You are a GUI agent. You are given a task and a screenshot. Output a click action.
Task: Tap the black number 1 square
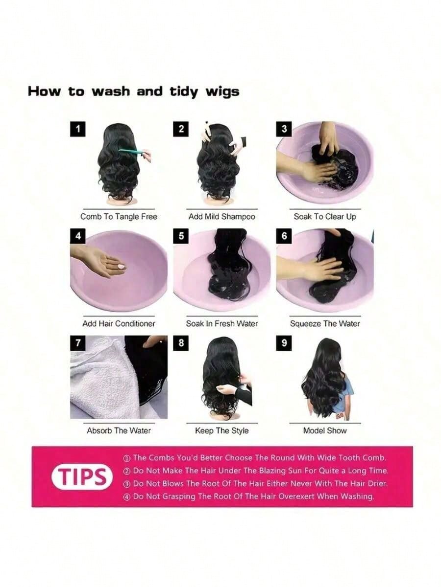point(77,129)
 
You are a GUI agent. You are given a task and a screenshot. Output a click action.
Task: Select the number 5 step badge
point(181,236)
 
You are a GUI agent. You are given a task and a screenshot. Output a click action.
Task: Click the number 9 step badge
point(284,343)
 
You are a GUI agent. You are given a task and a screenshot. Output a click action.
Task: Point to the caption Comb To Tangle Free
point(119,217)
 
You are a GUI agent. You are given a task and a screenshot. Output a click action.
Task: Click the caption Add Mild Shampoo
point(221,217)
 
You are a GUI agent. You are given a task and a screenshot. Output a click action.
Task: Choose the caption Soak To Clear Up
point(325,217)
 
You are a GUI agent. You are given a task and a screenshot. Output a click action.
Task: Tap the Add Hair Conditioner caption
point(119,324)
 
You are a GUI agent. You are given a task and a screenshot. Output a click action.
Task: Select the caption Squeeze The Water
point(325,324)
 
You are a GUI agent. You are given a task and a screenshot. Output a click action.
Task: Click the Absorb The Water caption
point(119,430)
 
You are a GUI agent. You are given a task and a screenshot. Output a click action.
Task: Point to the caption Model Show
point(325,430)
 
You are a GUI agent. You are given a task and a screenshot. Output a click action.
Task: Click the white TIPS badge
point(82,477)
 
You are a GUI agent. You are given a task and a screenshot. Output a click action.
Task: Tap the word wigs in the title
point(222,92)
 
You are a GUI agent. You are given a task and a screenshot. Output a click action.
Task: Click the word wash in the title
point(111,91)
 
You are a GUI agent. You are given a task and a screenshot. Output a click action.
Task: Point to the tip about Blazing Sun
point(256,471)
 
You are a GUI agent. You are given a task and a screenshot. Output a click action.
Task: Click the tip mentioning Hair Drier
point(256,483)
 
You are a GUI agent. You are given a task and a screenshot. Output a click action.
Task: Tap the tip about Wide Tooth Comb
point(255,458)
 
